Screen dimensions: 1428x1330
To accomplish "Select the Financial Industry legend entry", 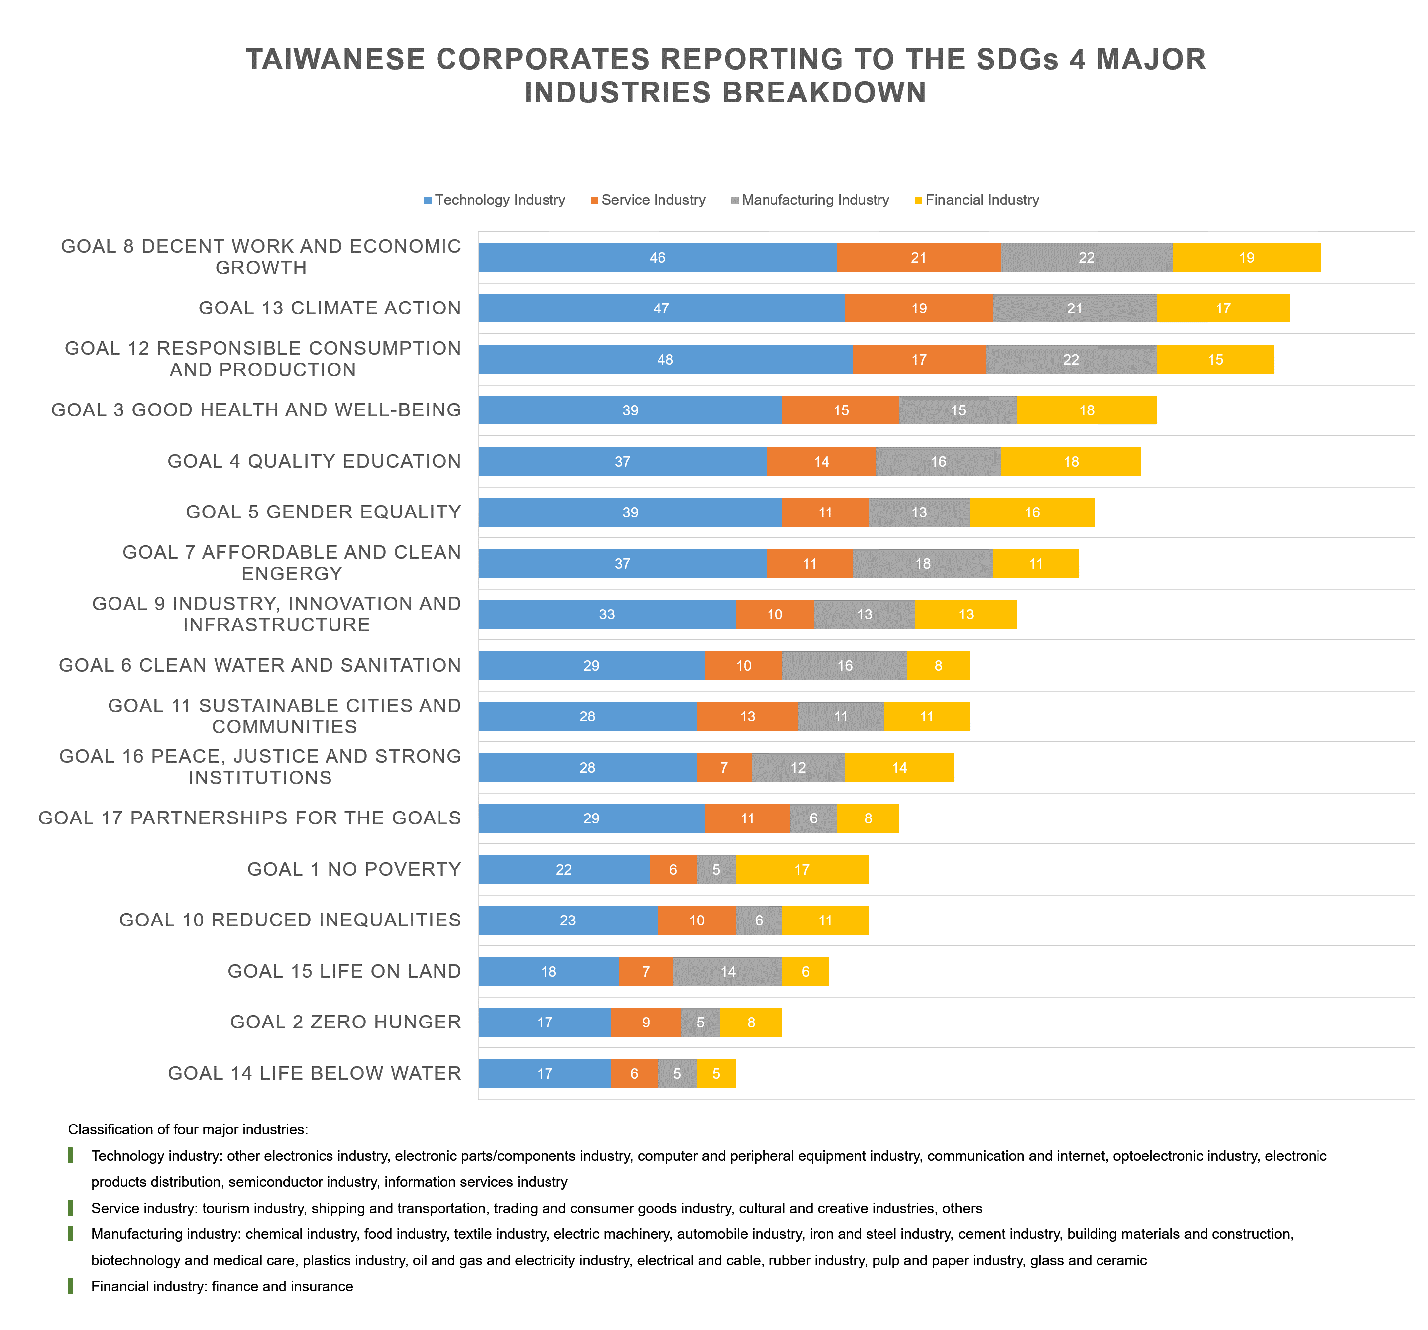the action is tap(977, 200).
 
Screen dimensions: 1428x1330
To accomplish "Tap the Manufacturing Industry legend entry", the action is tap(810, 200).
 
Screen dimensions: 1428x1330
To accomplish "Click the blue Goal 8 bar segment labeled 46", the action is tap(658, 258).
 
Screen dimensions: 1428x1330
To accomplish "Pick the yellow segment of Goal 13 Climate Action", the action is tap(1223, 309).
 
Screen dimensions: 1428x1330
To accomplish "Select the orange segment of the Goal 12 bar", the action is tap(919, 360).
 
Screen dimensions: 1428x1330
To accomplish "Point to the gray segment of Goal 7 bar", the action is tap(923, 564).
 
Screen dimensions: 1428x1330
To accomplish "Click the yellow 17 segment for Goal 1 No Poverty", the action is tap(802, 870).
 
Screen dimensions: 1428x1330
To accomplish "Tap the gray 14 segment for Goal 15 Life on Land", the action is tap(728, 972).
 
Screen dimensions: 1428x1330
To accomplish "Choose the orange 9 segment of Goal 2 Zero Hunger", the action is tap(646, 1023).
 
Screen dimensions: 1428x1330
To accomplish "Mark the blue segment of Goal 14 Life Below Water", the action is tap(545, 1074).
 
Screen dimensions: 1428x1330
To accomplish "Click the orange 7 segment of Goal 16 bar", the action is tap(724, 768).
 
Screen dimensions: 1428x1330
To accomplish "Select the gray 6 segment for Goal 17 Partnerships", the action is tap(814, 818).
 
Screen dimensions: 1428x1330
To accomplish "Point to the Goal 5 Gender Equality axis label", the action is tap(323, 512).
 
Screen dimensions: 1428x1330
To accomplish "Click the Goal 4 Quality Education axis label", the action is tap(314, 461).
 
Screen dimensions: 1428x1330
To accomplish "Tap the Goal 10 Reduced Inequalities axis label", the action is tap(290, 920).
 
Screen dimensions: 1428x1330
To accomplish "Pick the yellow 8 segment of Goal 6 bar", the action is tap(939, 666).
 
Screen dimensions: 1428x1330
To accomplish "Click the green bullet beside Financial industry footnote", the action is tap(70, 1286).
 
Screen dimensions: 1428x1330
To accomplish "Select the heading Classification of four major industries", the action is tap(188, 1129).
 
